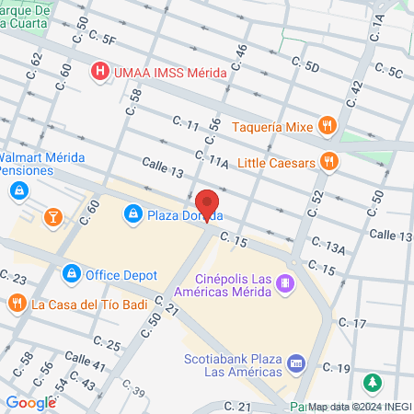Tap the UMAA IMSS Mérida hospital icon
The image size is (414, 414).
coord(98,71)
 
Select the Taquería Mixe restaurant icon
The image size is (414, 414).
coord(326,126)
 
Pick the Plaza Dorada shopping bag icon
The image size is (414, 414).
coord(133,214)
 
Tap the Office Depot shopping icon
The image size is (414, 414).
coord(71,274)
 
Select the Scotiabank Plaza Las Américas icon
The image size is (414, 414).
coord(295,363)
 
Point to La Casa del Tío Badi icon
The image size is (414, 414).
coord(17,303)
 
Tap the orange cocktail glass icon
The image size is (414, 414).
coord(52,217)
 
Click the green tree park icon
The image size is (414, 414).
coord(373,382)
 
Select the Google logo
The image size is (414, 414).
coord(30,402)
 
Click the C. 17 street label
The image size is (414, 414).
coord(352,323)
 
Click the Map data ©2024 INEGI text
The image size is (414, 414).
coord(359,406)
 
